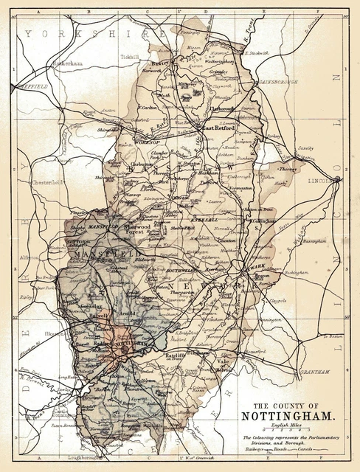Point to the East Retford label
click(218, 127)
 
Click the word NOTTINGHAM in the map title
click(290, 414)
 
